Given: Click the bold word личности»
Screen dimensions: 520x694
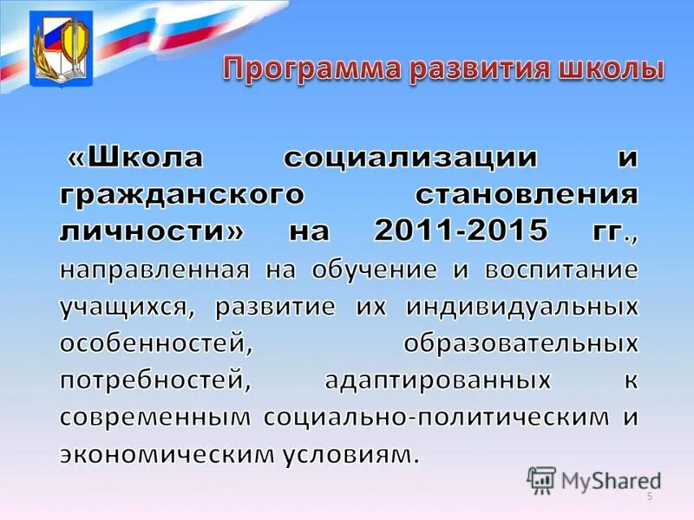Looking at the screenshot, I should [x=153, y=231].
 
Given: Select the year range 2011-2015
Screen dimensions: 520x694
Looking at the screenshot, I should [x=461, y=231].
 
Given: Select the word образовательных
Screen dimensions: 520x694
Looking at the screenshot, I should [x=520, y=343].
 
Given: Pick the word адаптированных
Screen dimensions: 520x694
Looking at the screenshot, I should [x=437, y=380].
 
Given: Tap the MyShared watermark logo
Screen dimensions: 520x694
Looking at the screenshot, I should [x=593, y=478].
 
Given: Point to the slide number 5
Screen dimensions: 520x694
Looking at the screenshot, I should [x=649, y=496].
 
